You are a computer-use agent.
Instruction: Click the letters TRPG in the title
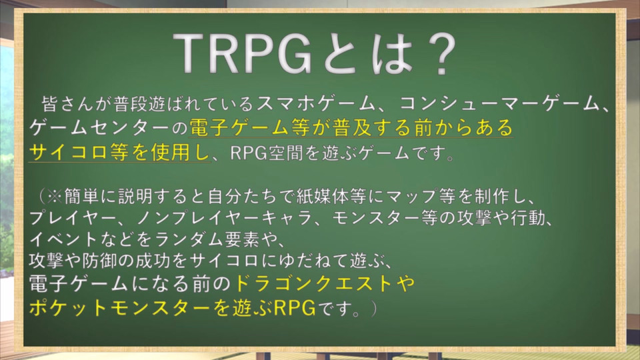(x=244, y=53)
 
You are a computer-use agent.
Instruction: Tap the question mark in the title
(x=439, y=54)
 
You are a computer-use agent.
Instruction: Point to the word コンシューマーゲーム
(x=499, y=104)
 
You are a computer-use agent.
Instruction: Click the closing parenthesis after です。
(x=373, y=309)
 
